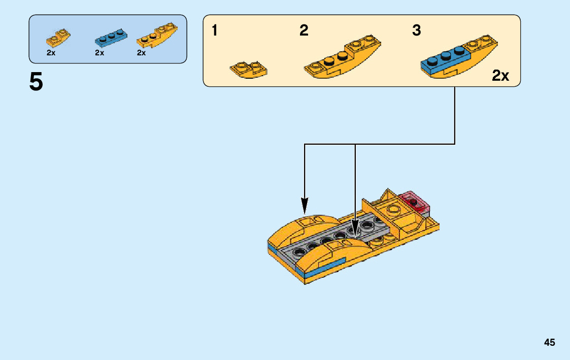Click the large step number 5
pyautogui.click(x=36, y=82)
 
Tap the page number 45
pyautogui.click(x=549, y=343)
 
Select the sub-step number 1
pyautogui.click(x=215, y=31)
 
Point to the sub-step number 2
pyautogui.click(x=304, y=31)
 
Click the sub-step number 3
pyautogui.click(x=416, y=31)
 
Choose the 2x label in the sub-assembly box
pyautogui.click(x=500, y=76)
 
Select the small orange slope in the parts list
pyautogui.click(x=58, y=38)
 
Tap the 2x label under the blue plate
pyautogui.click(x=99, y=53)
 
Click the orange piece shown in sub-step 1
pyautogui.click(x=249, y=70)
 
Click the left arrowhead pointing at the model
pyautogui.click(x=305, y=205)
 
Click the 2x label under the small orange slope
pyautogui.click(x=51, y=53)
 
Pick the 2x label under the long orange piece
pyautogui.click(x=141, y=53)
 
